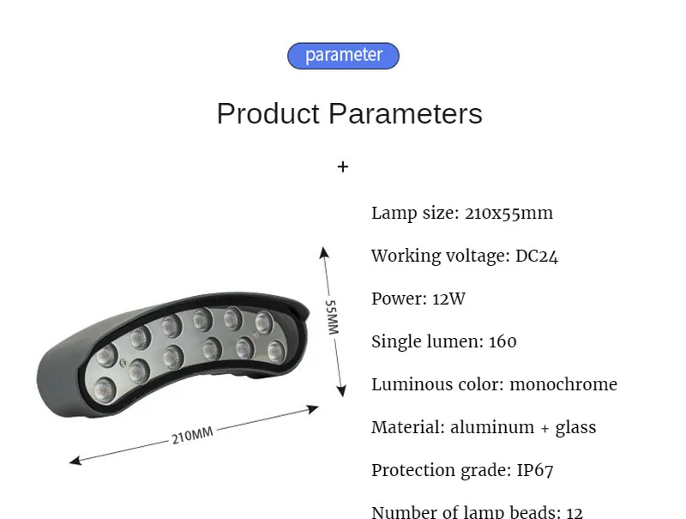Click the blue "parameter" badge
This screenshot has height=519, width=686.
click(343, 56)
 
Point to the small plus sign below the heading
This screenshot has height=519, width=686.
click(343, 167)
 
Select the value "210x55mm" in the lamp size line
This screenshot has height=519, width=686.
click(508, 214)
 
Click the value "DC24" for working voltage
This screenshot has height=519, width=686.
click(537, 256)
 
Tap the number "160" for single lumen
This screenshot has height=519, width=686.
click(502, 342)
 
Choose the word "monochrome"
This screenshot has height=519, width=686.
click(563, 384)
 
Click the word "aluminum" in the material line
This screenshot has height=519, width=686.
click(485, 427)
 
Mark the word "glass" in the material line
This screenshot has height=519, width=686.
click(575, 427)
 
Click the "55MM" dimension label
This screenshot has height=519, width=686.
click(333, 317)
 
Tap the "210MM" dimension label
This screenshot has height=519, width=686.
click(192, 436)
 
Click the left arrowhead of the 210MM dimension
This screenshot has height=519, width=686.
click(74, 462)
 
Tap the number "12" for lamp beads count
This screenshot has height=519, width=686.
click(574, 512)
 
